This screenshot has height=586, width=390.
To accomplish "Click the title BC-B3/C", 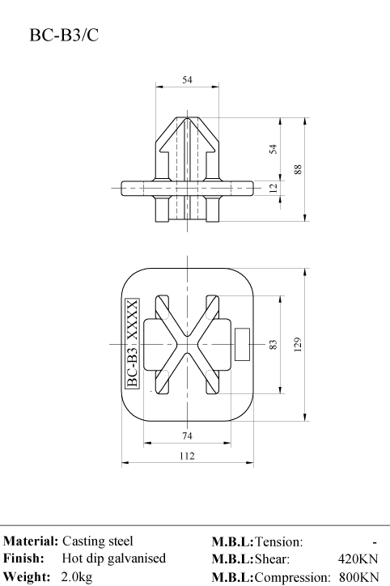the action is pos(64,35).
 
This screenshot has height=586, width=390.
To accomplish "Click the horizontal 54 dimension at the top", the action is pos(187,79).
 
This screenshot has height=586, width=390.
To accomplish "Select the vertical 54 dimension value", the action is pos(273,149).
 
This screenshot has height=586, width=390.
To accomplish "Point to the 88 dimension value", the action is pos(298,169).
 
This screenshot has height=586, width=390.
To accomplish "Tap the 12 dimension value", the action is pos(273,188).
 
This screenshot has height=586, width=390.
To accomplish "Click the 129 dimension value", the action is pos(298,345).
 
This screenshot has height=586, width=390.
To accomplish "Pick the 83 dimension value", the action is pos(273,345).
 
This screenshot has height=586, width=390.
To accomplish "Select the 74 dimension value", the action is pos(187,435).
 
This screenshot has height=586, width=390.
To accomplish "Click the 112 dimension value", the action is pos(187,456).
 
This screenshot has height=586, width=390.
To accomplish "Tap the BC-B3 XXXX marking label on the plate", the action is pos(132,343).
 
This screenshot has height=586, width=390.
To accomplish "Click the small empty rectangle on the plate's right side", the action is pos(242,345).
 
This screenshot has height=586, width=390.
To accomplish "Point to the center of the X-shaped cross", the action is pos(187,344).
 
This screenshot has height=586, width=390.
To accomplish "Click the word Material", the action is pos(31,541).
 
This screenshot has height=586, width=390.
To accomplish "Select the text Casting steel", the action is pos(97,541).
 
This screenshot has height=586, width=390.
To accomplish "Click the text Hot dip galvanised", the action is pos(114,558).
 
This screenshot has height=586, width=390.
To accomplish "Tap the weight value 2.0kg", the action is pos(77,576).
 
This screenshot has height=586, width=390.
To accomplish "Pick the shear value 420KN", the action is pos(358,558).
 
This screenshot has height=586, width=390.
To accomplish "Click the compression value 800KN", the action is pos(359,576).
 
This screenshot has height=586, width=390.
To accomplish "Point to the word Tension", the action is pos(279,541).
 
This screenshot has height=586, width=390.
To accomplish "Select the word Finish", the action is pos(24,558).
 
